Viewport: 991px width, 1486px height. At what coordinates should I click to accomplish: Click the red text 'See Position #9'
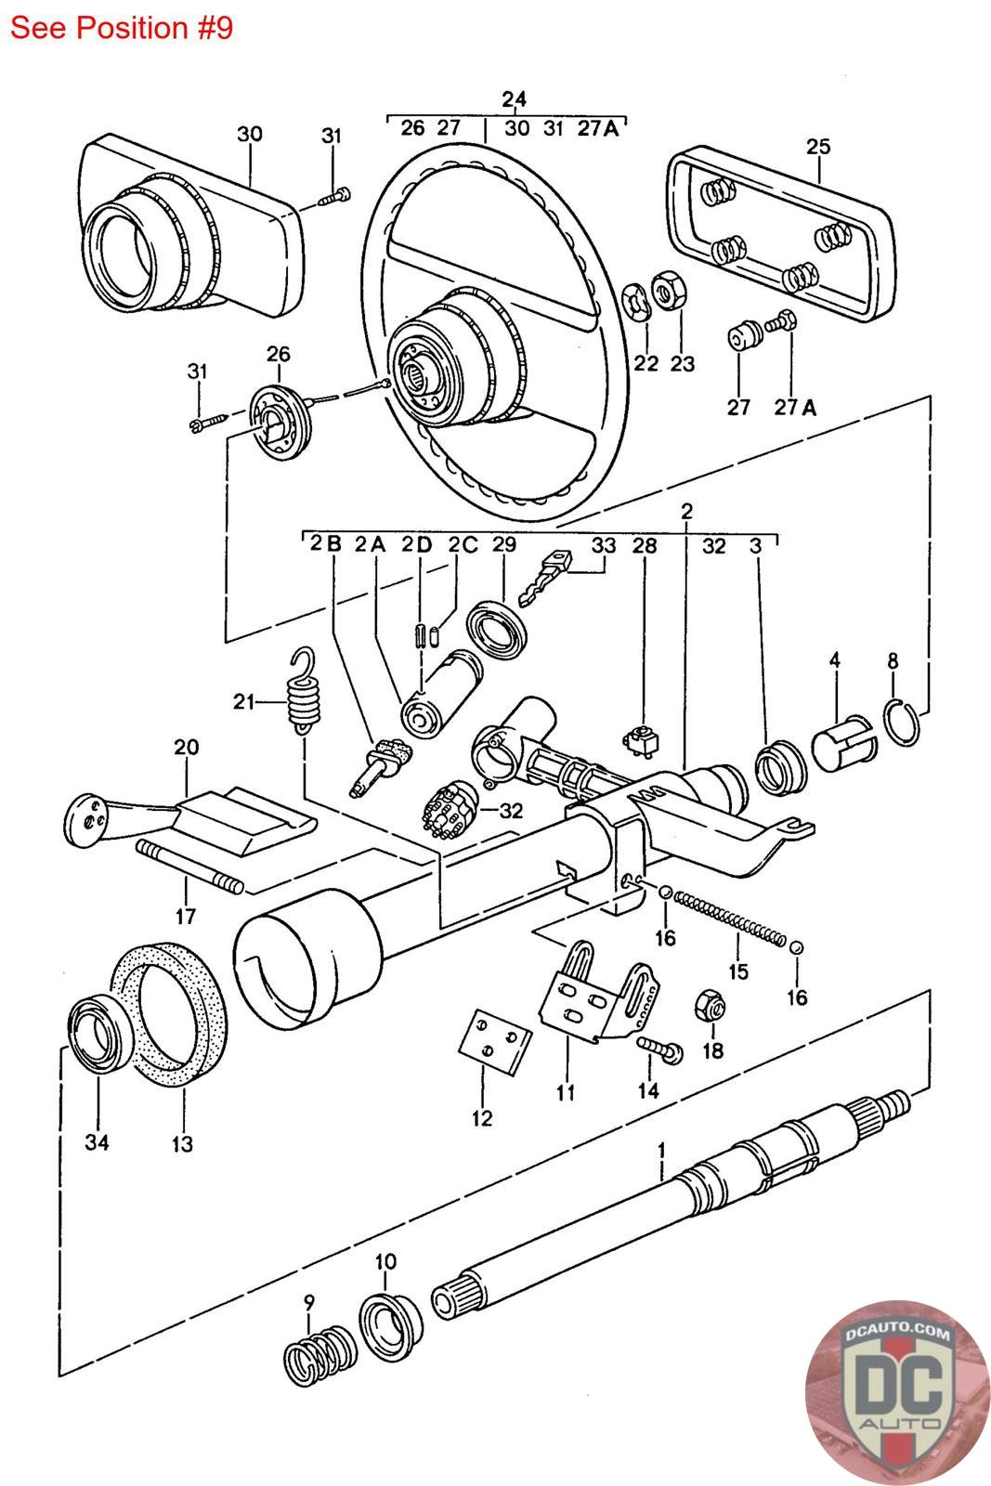click(x=122, y=28)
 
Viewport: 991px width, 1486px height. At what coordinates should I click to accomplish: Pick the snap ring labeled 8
click(x=904, y=723)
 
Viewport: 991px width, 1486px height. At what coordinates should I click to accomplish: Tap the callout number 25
click(x=818, y=146)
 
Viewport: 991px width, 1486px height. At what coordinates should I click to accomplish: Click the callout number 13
click(x=182, y=1143)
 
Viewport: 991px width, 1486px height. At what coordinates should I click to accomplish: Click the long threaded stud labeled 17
click(x=190, y=867)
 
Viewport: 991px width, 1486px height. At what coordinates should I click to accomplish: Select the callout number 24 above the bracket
click(x=514, y=99)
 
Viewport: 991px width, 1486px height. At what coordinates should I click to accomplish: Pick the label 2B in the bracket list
click(x=326, y=544)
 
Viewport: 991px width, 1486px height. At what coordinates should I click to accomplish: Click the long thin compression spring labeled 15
click(x=730, y=919)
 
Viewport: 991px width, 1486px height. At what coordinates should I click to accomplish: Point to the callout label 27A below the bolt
click(x=795, y=408)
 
